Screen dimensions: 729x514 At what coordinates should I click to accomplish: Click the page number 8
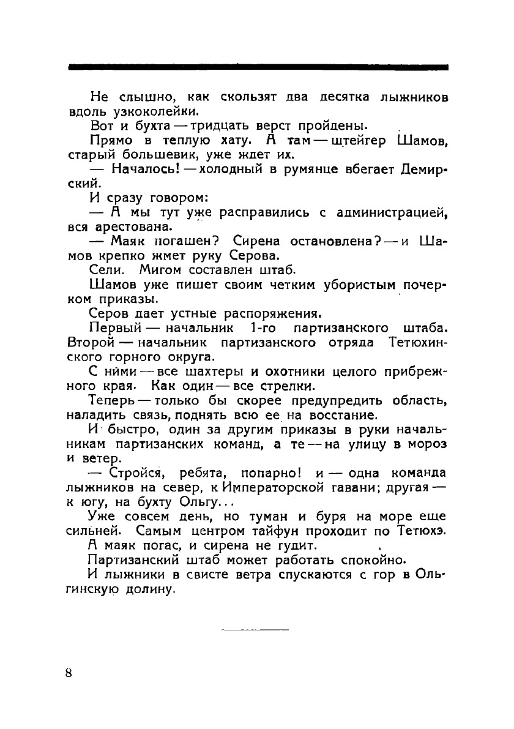click(x=68, y=673)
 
